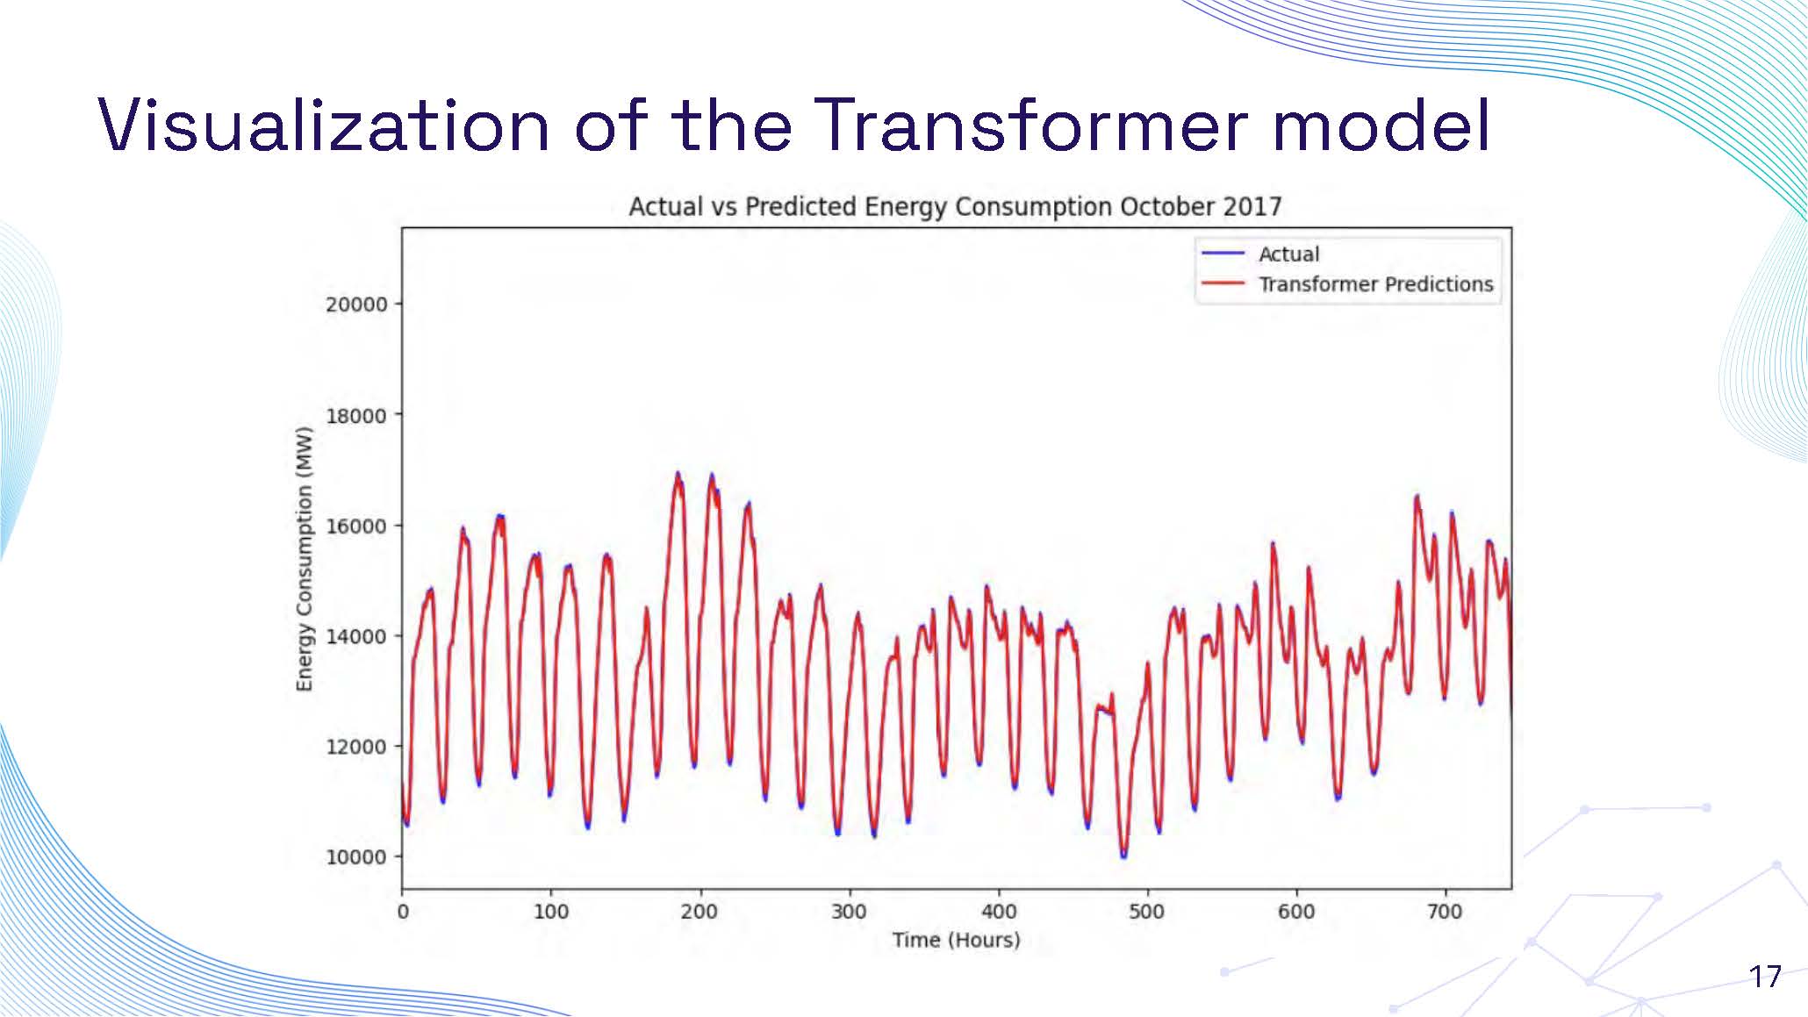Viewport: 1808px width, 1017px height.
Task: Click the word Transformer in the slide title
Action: click(x=1031, y=125)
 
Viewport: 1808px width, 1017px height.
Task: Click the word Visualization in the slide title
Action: click(x=323, y=125)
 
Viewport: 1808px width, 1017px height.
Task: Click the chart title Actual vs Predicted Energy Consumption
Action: click(x=955, y=207)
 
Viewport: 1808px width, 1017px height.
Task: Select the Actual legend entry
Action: click(x=1288, y=254)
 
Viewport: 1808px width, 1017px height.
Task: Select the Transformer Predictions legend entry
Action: click(x=1374, y=284)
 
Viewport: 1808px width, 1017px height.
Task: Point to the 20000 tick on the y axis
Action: click(x=355, y=304)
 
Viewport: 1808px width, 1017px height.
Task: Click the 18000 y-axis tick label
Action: click(x=355, y=416)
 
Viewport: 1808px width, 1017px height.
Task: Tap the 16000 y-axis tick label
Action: click(x=355, y=526)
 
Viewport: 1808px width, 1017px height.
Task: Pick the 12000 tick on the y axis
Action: click(x=355, y=747)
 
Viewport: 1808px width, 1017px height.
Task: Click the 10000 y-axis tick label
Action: click(x=355, y=857)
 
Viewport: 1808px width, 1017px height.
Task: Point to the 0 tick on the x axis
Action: click(x=403, y=912)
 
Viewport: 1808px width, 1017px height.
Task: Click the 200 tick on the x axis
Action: click(x=700, y=912)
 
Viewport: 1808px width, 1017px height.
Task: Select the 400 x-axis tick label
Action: click(x=998, y=912)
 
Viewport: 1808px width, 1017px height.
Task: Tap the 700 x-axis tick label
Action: click(x=1445, y=912)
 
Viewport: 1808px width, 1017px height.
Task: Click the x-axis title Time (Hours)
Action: click(x=956, y=941)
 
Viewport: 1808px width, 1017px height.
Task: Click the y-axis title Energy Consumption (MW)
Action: click(x=304, y=559)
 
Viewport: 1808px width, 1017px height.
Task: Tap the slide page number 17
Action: click(x=1764, y=977)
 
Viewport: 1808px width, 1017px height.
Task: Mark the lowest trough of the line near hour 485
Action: click(x=1123, y=855)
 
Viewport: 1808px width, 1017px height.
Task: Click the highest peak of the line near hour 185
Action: click(x=677, y=475)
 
